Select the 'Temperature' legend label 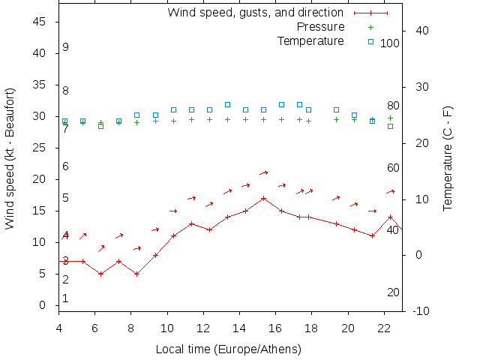click(310, 40)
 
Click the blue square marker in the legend click(370, 41)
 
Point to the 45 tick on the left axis click(40, 22)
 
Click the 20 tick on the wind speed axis click(40, 179)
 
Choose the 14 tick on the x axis click(239, 327)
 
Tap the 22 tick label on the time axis click(384, 327)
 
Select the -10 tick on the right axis click(422, 311)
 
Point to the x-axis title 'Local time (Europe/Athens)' click(228, 349)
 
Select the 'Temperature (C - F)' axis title click(448, 157)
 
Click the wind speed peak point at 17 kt click(263, 199)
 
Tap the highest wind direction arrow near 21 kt click(264, 173)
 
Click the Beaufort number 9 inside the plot click(66, 47)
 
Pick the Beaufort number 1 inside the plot click(66, 298)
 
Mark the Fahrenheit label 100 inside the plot click(390, 43)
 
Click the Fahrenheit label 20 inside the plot click(393, 292)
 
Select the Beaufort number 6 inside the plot click(66, 166)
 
